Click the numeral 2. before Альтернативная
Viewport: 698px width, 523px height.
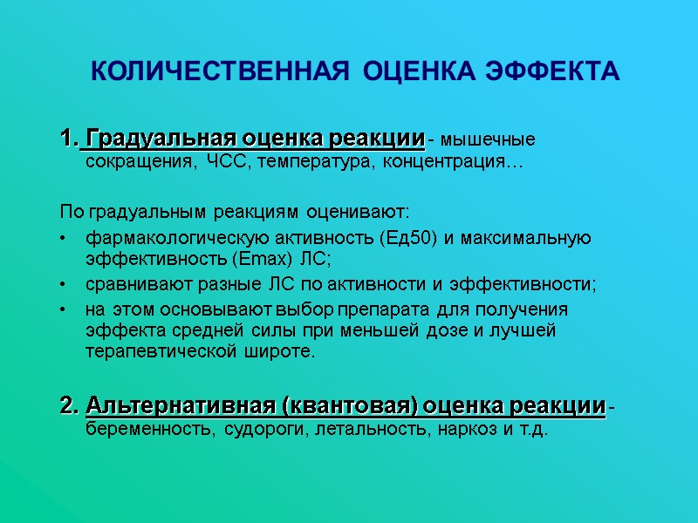click(x=69, y=406)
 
